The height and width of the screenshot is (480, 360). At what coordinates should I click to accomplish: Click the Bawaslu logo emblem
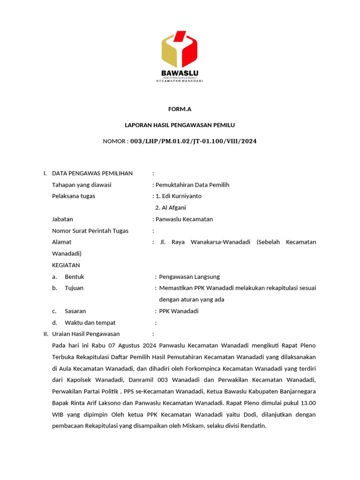click(180, 49)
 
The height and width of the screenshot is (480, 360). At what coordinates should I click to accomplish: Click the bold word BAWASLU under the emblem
click(180, 73)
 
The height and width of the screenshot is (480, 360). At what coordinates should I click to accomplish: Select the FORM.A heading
click(180, 109)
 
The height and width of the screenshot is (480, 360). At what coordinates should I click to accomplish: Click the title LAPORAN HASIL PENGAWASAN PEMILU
click(180, 125)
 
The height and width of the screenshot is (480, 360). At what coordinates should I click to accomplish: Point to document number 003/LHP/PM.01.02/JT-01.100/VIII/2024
click(193, 141)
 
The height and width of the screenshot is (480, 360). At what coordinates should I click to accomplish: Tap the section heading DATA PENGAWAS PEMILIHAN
click(92, 173)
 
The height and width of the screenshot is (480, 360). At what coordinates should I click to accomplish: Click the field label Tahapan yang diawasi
click(82, 185)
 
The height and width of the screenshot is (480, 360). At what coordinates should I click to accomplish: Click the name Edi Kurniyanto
click(181, 196)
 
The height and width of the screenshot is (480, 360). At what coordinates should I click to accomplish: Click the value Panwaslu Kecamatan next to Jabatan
click(184, 219)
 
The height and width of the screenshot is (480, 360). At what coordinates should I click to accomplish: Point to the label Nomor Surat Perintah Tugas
click(90, 231)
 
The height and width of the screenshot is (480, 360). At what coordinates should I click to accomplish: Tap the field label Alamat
click(61, 242)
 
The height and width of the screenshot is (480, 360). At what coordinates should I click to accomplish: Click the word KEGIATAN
click(66, 265)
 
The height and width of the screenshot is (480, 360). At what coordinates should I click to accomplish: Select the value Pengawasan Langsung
click(189, 277)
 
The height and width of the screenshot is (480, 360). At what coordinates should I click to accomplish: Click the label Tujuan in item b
click(74, 288)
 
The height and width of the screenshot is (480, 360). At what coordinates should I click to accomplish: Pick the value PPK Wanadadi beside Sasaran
click(179, 311)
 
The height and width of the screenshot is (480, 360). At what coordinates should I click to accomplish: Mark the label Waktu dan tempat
click(90, 322)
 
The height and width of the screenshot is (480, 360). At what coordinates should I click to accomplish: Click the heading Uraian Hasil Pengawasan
click(86, 334)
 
